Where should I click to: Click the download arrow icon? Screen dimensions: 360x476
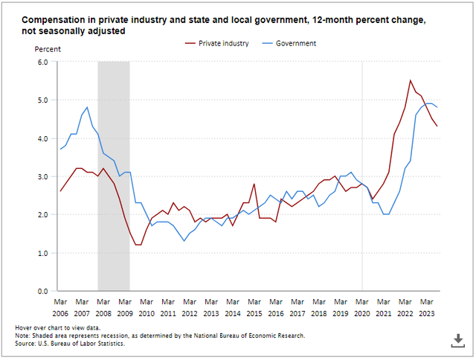coord(457,340)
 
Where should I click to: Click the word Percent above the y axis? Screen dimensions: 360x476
coord(48,49)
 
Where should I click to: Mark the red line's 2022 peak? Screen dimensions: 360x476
coord(411,80)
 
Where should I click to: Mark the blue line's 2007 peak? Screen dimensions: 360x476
coord(87,107)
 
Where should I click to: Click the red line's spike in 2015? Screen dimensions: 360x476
coord(254,184)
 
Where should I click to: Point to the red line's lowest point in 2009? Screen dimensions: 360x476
coord(138,245)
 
